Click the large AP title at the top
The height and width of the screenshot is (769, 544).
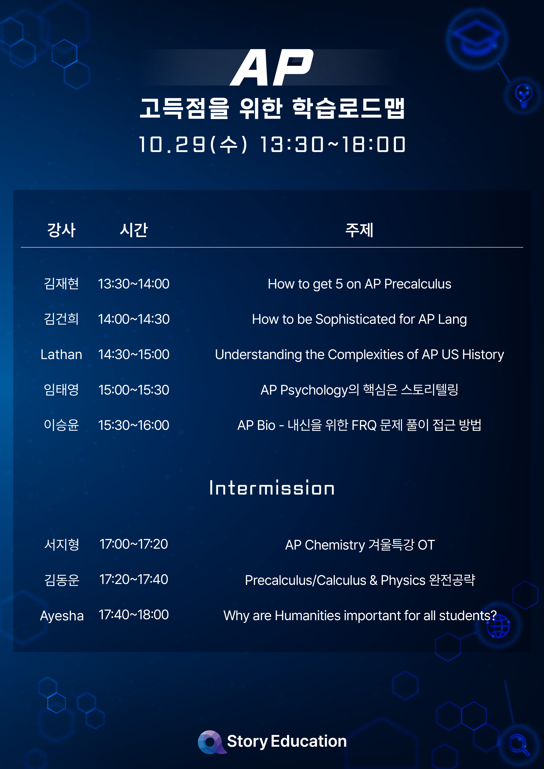272,67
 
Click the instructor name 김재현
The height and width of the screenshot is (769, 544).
61,284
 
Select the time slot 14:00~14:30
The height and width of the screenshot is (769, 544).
134,319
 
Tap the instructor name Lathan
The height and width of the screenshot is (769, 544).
61,354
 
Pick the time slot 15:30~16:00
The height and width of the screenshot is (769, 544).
134,425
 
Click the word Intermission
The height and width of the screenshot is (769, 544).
272,488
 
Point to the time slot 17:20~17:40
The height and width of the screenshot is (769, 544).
134,579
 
